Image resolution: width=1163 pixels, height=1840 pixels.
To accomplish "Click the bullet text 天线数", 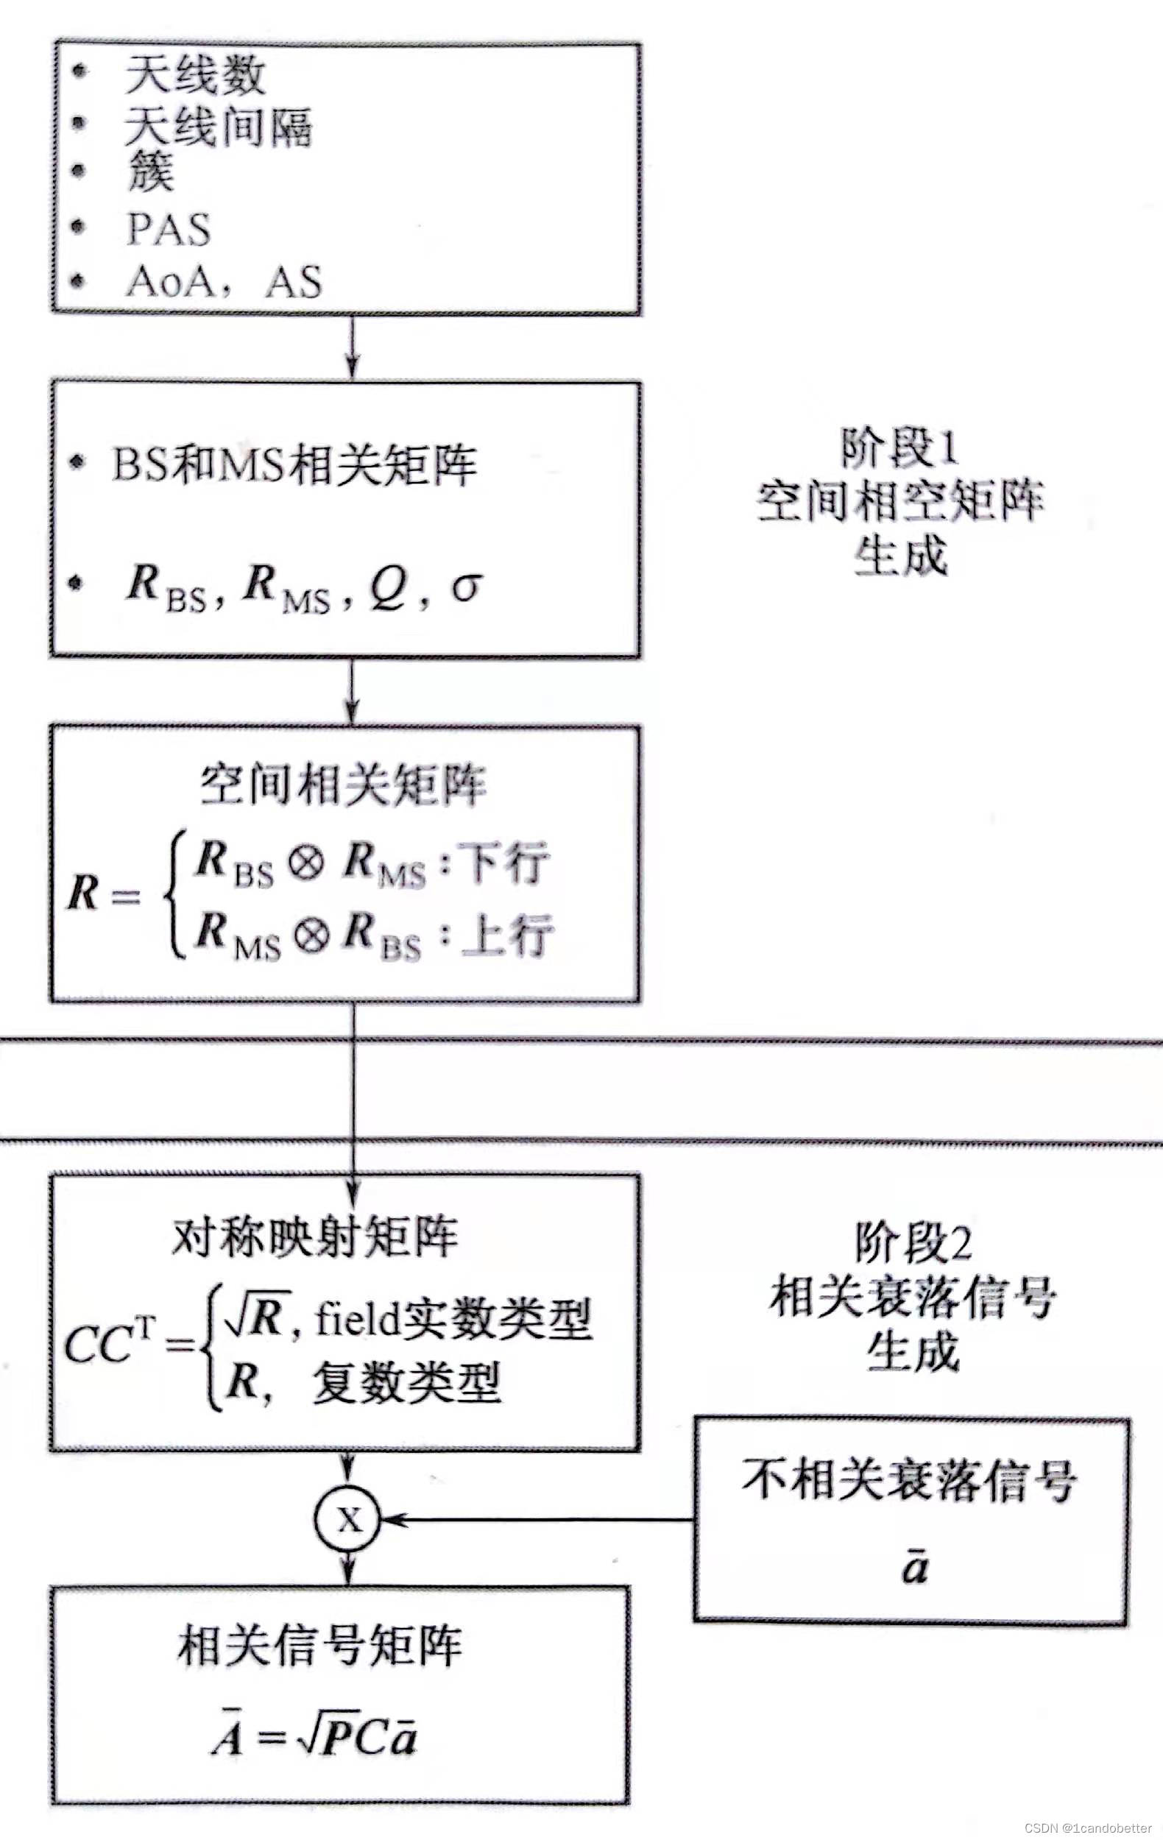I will (195, 76).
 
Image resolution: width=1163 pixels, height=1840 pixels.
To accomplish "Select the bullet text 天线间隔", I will (218, 126).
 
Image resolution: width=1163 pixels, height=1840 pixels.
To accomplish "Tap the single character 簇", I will (151, 173).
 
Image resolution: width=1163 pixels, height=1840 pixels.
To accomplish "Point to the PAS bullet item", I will (168, 228).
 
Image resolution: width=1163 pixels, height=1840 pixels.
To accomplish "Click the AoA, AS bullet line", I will (224, 281).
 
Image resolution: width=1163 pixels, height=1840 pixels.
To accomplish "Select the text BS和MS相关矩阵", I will (294, 464).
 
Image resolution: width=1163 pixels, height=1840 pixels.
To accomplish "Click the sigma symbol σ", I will (466, 586).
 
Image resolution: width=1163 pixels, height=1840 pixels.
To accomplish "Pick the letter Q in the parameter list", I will (388, 587).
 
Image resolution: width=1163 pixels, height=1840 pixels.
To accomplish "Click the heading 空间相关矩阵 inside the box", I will (343, 785).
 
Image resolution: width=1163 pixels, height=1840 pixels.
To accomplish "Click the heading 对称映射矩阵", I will (315, 1236).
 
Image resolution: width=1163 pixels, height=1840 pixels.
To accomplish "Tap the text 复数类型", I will (406, 1382).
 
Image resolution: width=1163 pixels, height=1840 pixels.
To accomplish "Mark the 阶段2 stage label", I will (913, 1244).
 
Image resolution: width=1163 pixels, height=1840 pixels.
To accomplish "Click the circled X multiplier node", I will (348, 1520).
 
